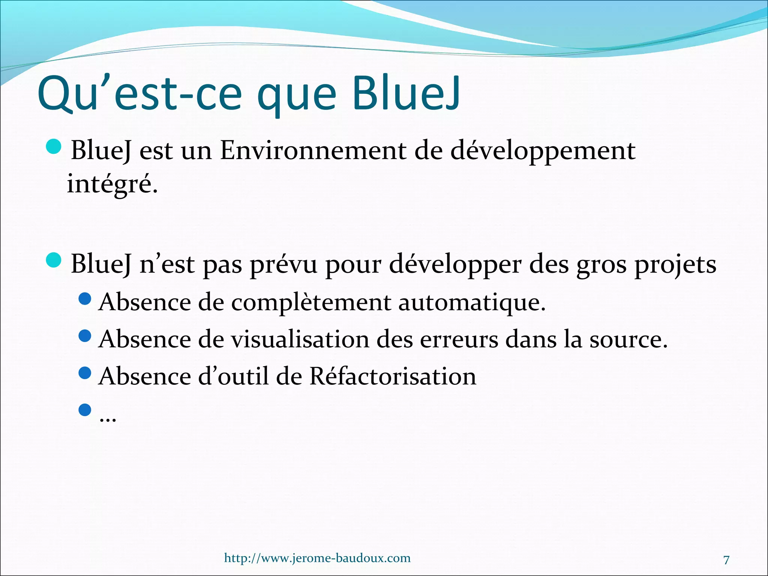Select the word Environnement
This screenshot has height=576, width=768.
point(313,151)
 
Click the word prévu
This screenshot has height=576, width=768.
point(283,265)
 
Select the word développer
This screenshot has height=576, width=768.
point(455,265)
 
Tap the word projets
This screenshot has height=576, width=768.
point(675,265)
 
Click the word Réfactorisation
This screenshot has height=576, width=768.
point(393,376)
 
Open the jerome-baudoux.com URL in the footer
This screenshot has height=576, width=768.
point(317,558)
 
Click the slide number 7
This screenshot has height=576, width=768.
point(726,560)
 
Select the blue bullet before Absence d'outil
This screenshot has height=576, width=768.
point(85,372)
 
